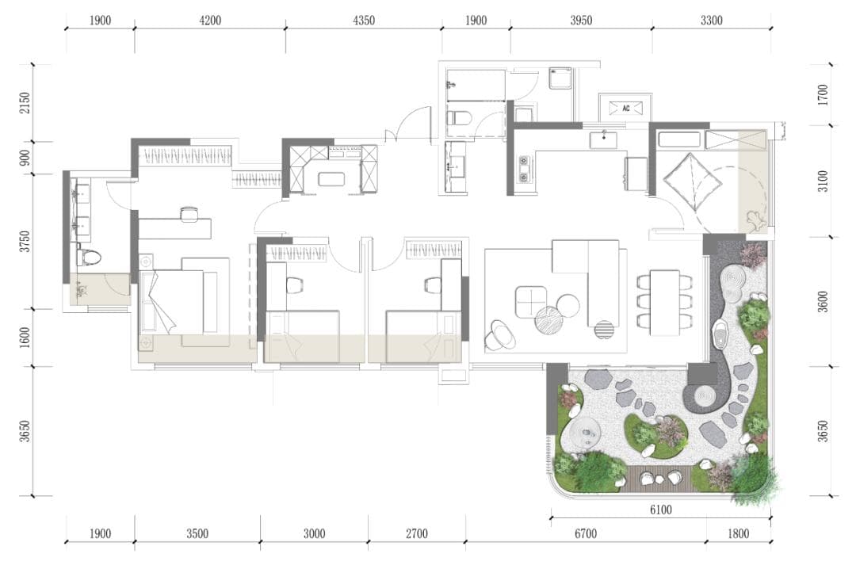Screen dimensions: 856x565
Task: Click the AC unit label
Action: pos(625,108)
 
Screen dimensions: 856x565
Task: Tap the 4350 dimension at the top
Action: pos(364,21)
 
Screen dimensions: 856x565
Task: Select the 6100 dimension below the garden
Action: pos(660,510)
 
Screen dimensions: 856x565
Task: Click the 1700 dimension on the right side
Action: pos(823,94)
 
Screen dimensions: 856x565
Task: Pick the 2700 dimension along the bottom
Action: pos(417,533)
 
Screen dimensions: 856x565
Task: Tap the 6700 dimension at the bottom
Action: pos(585,533)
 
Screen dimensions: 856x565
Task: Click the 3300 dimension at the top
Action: pos(711,21)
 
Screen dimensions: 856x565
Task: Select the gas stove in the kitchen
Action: pos(523,170)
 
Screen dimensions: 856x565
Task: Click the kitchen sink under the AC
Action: pos(604,139)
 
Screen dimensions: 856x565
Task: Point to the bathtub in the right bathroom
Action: pos(679,139)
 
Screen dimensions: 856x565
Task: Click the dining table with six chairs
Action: pos(664,303)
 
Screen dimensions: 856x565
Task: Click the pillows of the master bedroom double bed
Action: pos(147,302)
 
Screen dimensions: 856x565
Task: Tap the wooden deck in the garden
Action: pos(659,477)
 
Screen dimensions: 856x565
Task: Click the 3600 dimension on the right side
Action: pos(823,302)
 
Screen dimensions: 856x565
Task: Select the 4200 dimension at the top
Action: pos(210,21)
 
